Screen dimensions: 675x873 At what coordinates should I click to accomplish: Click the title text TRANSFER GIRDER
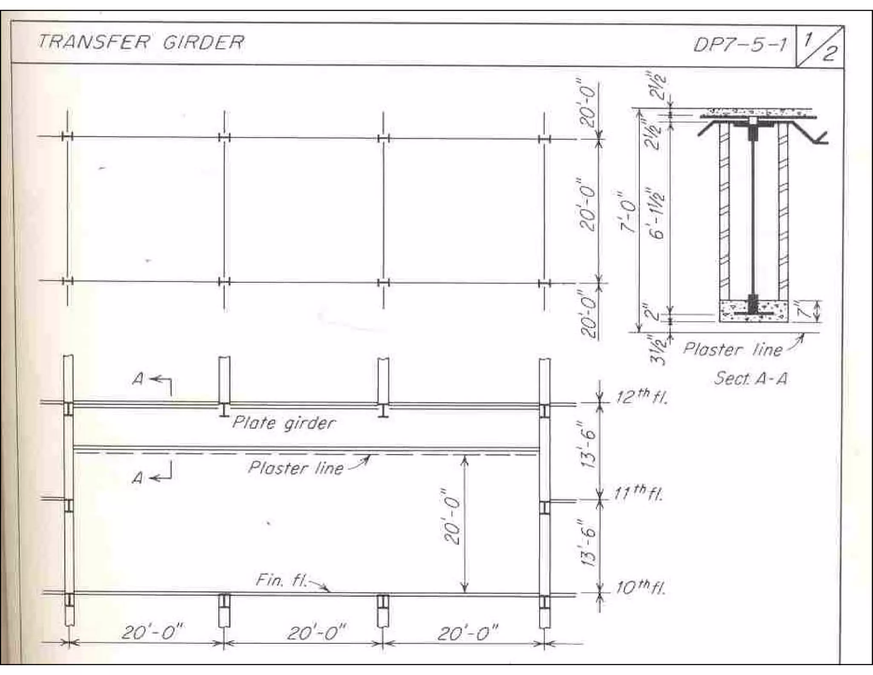coord(142,42)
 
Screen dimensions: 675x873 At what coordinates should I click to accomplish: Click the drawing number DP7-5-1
coord(740,44)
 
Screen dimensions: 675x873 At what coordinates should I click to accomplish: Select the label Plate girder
coord(284,423)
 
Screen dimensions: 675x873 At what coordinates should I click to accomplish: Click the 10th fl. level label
coord(641,589)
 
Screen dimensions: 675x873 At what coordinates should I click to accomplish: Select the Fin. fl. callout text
coord(281,581)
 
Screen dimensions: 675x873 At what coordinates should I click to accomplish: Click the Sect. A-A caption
coord(750,378)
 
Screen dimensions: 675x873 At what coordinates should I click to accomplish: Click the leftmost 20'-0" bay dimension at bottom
coord(153,633)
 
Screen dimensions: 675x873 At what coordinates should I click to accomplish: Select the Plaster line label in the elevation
coord(296,468)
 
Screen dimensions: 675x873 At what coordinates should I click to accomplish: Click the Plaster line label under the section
coord(733,350)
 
